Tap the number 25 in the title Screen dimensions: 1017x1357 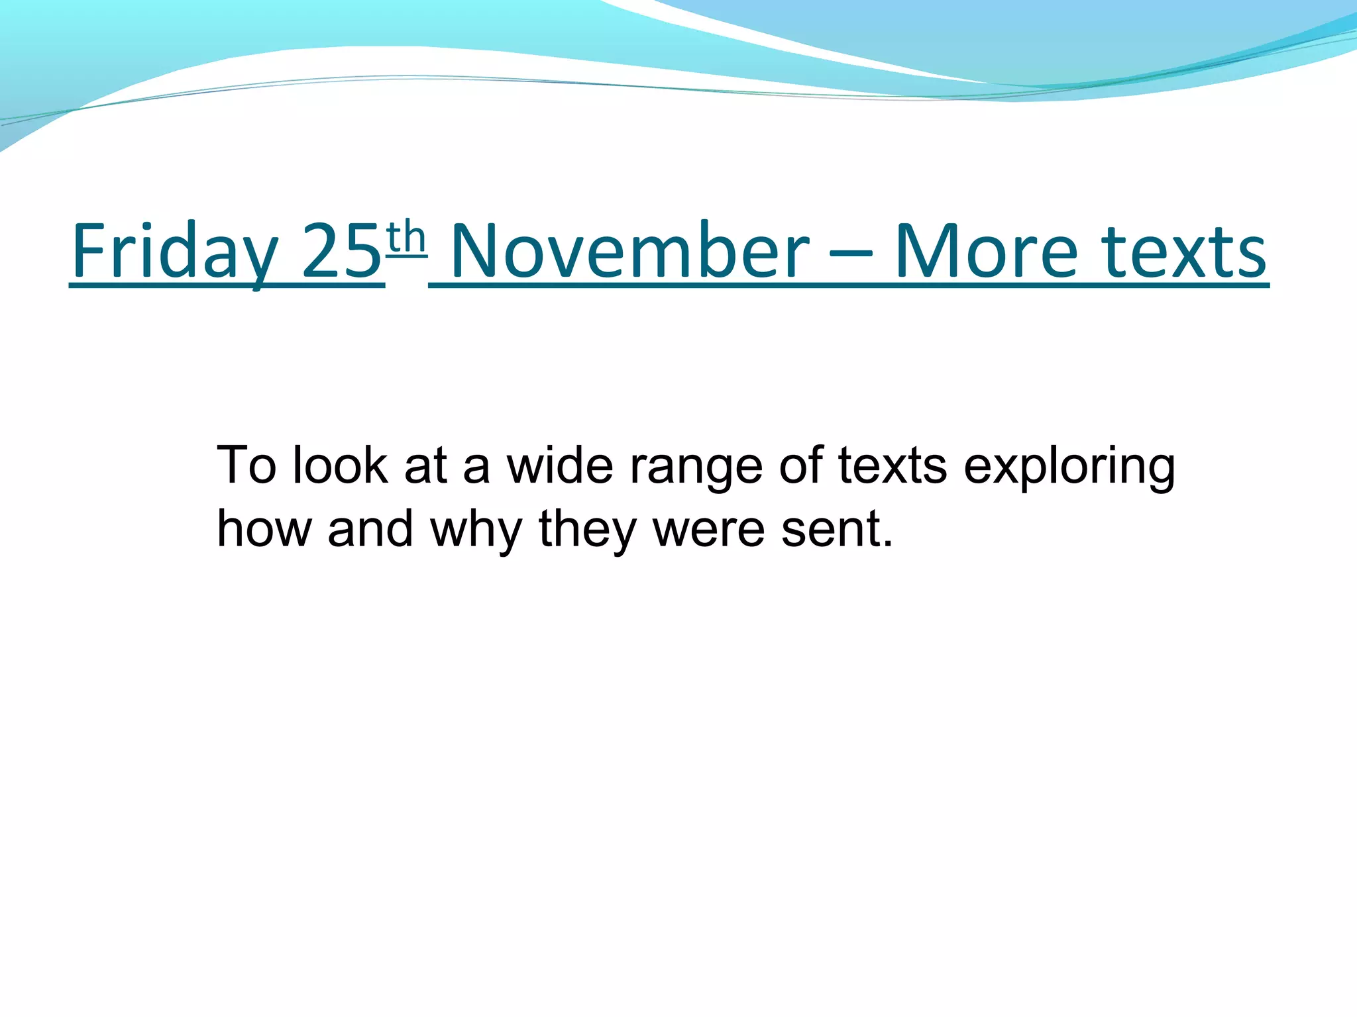342,252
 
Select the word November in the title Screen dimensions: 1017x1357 629,252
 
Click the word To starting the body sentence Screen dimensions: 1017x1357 246,465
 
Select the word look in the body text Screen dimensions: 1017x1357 340,465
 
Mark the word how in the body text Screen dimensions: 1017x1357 264,529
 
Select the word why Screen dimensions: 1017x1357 476,530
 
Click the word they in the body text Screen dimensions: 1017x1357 587,530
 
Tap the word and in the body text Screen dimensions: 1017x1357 370,529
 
